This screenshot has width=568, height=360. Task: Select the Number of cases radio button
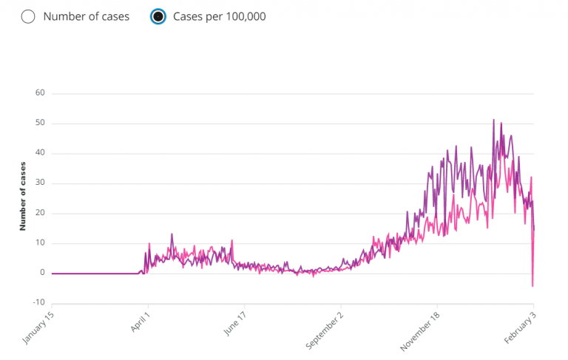pyautogui.click(x=29, y=16)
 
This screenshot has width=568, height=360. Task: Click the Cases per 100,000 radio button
pyautogui.click(x=158, y=16)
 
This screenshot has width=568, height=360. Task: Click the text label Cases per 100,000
pyautogui.click(x=219, y=16)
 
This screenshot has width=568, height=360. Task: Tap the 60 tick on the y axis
pyautogui.click(x=40, y=93)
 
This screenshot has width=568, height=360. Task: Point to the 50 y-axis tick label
pyautogui.click(x=40, y=123)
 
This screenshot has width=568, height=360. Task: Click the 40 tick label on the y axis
pyautogui.click(x=40, y=154)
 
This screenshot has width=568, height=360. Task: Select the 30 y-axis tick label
pyautogui.click(x=40, y=183)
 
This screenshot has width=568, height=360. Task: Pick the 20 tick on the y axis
pyautogui.click(x=40, y=214)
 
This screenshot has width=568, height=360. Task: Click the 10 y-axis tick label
pyautogui.click(x=40, y=243)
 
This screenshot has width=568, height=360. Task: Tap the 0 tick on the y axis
pyautogui.click(x=42, y=274)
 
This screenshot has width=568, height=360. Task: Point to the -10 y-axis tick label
pyautogui.click(x=38, y=303)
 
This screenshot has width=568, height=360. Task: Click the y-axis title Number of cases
pyautogui.click(x=23, y=196)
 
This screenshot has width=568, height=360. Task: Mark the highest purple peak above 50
pyautogui.click(x=493, y=120)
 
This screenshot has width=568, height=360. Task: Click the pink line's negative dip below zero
pyautogui.click(x=532, y=285)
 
